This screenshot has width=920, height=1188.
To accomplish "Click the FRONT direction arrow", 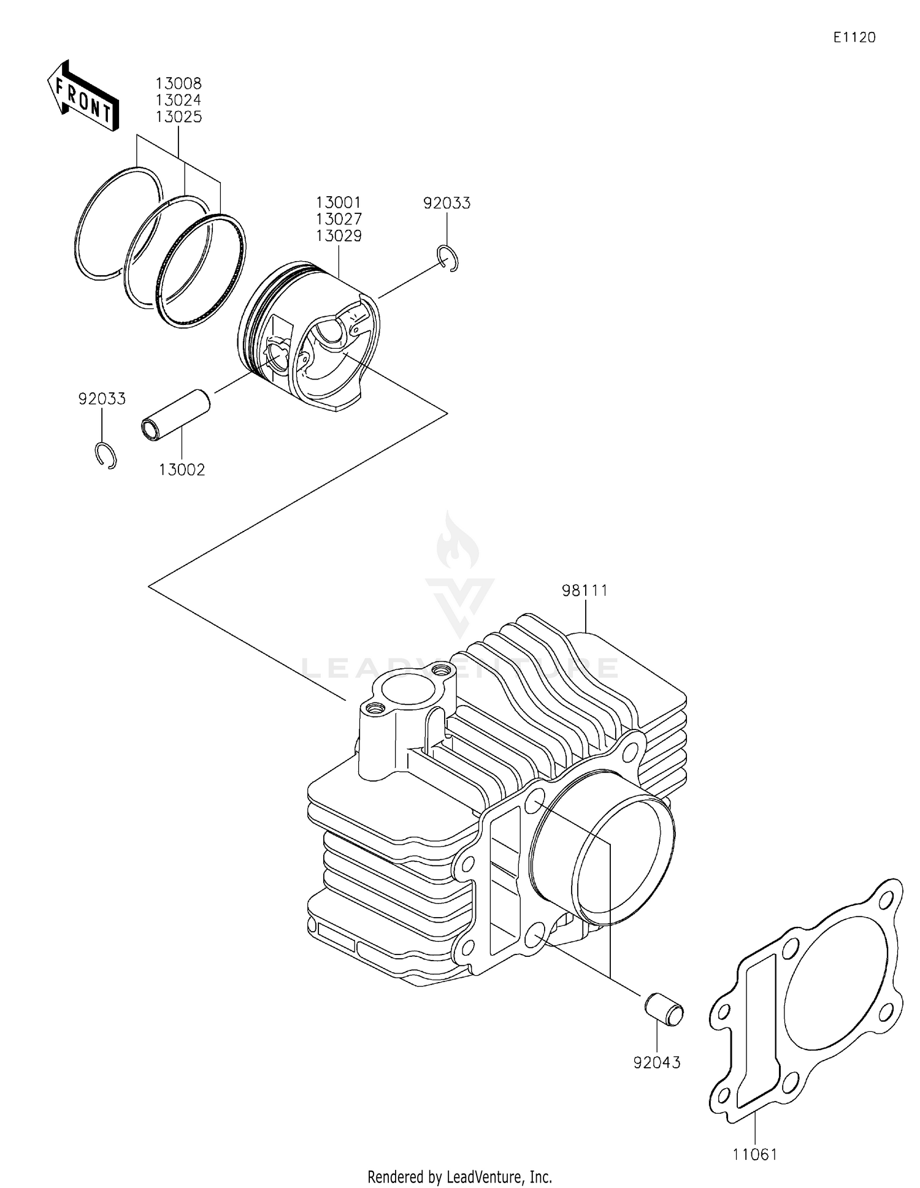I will click(83, 96).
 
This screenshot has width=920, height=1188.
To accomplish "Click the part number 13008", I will click(178, 83).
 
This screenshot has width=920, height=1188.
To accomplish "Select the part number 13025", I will click(178, 117).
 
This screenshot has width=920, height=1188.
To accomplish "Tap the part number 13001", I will click(339, 202).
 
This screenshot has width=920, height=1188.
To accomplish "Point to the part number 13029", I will click(339, 236).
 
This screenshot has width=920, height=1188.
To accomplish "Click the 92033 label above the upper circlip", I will click(447, 204).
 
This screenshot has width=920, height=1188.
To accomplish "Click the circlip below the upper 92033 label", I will click(450, 257).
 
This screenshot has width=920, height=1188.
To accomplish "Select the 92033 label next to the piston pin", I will click(102, 399).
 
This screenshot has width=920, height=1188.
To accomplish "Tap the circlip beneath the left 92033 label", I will click(106, 455).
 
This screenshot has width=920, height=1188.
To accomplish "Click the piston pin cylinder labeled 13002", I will click(177, 414).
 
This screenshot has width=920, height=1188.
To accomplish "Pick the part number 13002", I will click(182, 470).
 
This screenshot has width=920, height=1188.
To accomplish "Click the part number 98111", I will click(585, 591).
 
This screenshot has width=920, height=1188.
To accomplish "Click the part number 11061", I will click(754, 1155).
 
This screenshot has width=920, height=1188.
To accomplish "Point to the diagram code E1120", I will click(854, 37).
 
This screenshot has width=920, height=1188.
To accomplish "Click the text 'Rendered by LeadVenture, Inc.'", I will click(459, 1176).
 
